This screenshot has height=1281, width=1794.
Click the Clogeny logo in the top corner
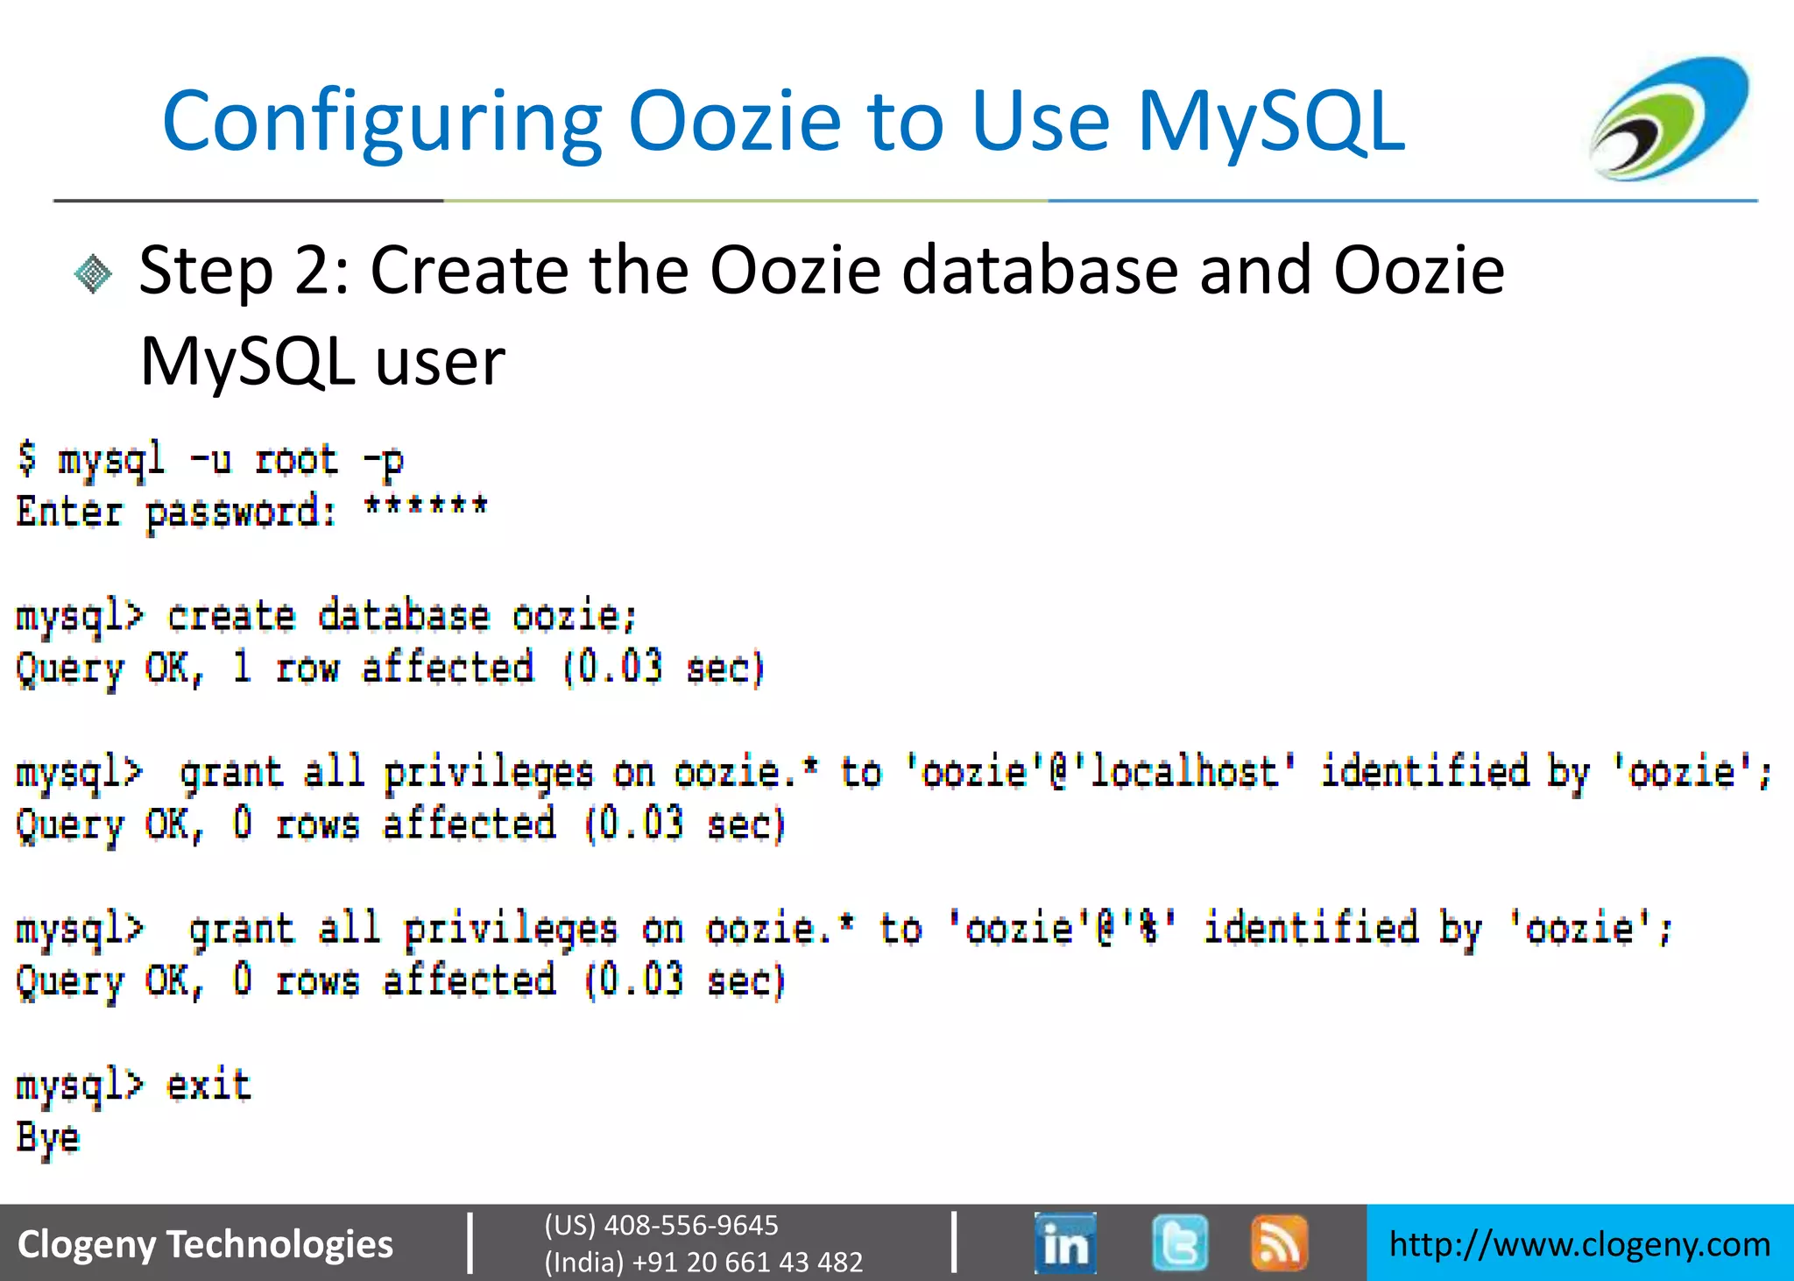[x=1669, y=117]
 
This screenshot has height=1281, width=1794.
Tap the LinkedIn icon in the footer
[x=1064, y=1242]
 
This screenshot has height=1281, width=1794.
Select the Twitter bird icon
[x=1180, y=1242]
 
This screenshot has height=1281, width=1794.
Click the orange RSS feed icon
[x=1279, y=1242]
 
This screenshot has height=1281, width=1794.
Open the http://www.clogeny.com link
[x=1579, y=1244]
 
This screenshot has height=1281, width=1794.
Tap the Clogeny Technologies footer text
[x=206, y=1244]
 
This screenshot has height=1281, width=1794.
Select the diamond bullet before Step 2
[x=94, y=274]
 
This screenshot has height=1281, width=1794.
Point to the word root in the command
[x=296, y=460]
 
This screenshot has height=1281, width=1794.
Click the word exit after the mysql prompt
[x=209, y=1086]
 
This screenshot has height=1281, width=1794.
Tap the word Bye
[x=48, y=1137]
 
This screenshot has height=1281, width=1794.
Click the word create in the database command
[x=231, y=616]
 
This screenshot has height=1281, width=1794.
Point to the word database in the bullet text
[x=1040, y=270]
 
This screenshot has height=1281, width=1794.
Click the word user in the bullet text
[x=441, y=361]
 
